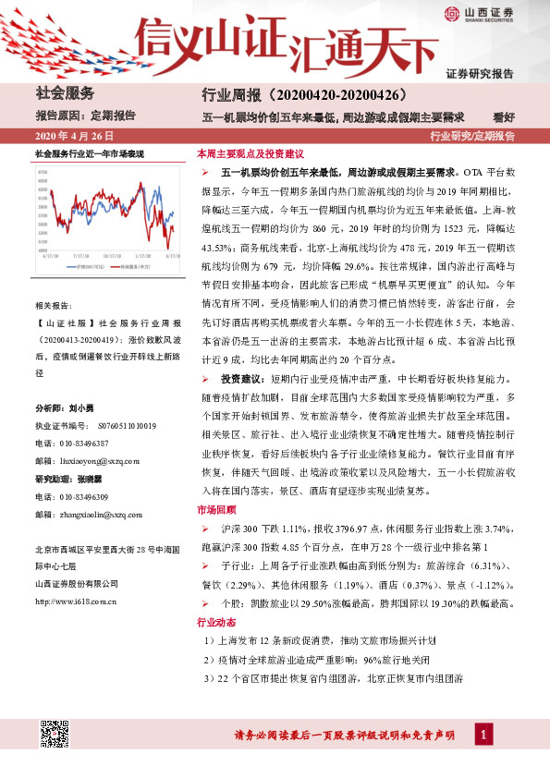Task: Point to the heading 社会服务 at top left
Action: (x=65, y=94)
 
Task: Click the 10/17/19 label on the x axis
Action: (x=113, y=258)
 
